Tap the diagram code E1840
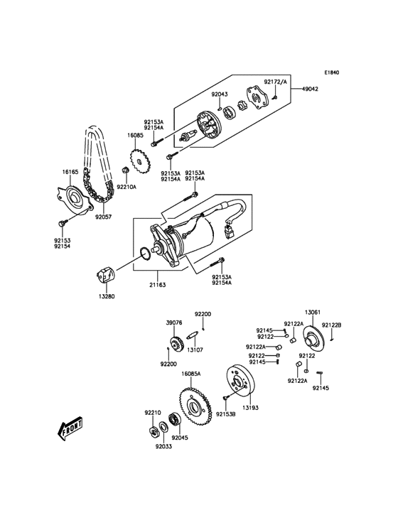[332, 72]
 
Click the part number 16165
[70, 171]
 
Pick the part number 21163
[157, 285]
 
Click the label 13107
[195, 350]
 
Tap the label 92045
[180, 438]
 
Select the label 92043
[220, 93]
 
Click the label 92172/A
[279, 82]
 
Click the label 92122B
[331, 325]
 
